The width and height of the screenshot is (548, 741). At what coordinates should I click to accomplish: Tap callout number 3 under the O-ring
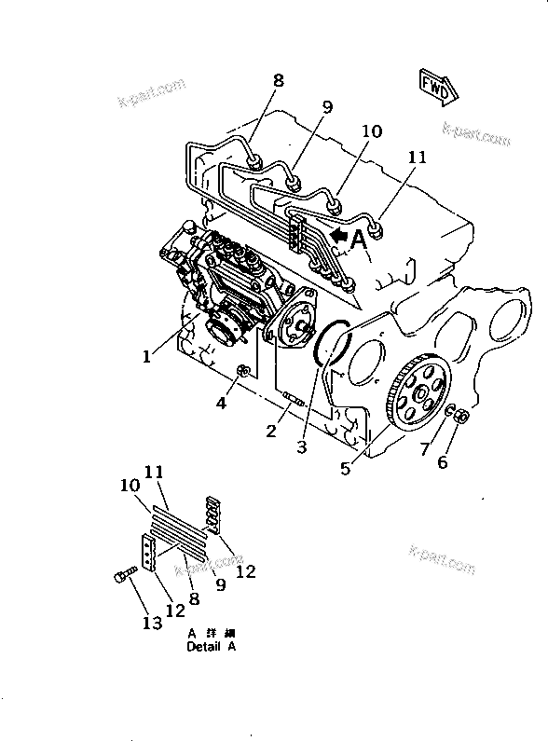tap(301, 446)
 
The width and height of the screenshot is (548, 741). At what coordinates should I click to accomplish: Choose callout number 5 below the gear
tap(346, 470)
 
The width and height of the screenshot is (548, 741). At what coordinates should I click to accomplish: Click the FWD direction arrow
tap(437, 87)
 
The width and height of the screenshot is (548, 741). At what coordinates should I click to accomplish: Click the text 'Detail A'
tap(211, 646)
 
